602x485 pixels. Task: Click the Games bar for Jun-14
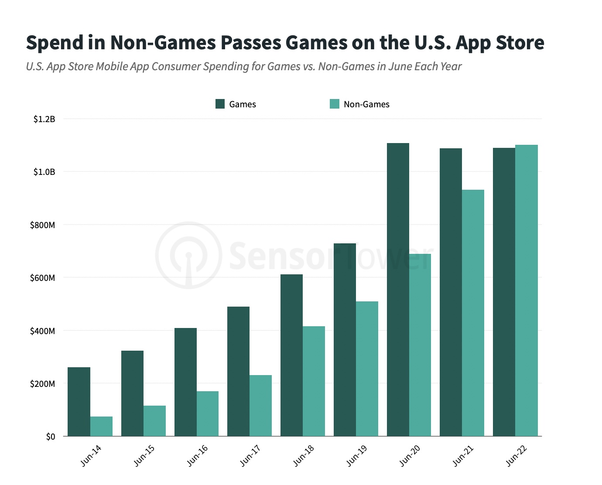click(x=79, y=401)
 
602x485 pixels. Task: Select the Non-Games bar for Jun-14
click(x=101, y=426)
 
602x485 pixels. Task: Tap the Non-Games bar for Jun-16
click(x=208, y=413)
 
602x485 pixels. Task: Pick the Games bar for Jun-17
click(x=238, y=371)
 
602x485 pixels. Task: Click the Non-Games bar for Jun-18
click(x=314, y=381)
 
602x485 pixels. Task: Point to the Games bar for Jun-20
click(x=398, y=290)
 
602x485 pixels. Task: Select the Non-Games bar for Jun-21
click(x=473, y=313)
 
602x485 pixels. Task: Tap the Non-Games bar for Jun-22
click(x=526, y=290)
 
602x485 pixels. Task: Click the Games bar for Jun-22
click(x=504, y=292)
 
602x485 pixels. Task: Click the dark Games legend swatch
click(x=220, y=104)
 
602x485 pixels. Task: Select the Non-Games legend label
click(x=366, y=105)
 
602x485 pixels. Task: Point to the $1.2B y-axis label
click(x=44, y=119)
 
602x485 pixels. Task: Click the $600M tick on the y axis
click(x=42, y=278)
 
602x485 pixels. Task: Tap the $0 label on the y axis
click(x=51, y=437)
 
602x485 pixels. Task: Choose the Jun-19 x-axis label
click(x=357, y=456)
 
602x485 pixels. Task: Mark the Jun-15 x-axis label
click(x=144, y=456)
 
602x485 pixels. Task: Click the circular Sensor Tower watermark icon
click(x=189, y=255)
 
